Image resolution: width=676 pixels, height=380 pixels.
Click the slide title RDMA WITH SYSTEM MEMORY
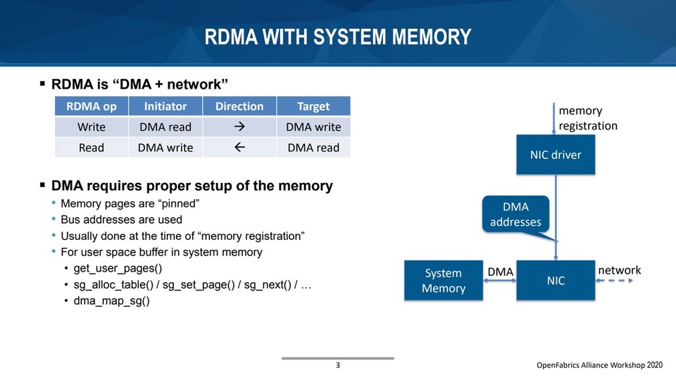338,37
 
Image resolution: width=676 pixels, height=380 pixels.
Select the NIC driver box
556,155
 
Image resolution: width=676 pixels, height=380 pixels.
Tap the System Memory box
444,281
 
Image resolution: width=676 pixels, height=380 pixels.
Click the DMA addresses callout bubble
515,215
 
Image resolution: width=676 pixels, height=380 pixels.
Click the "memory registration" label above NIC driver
587,118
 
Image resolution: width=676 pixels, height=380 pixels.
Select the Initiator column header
165,106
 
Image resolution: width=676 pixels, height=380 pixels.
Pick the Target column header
313,106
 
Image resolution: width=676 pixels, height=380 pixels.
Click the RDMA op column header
92,106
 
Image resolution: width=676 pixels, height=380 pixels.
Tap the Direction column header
239,106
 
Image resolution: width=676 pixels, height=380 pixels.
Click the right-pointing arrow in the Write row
239,127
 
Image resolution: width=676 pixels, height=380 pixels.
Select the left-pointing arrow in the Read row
239,147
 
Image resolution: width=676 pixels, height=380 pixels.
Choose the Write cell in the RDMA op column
92,127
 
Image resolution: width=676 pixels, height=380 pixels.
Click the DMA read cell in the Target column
313,148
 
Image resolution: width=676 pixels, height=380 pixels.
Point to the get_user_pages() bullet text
117,268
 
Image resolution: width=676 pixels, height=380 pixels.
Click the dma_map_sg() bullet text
111,300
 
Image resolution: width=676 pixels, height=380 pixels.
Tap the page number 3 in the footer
337,366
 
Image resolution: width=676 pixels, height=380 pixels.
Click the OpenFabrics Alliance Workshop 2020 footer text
599,366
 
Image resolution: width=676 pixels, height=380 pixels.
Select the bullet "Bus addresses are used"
123,220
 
